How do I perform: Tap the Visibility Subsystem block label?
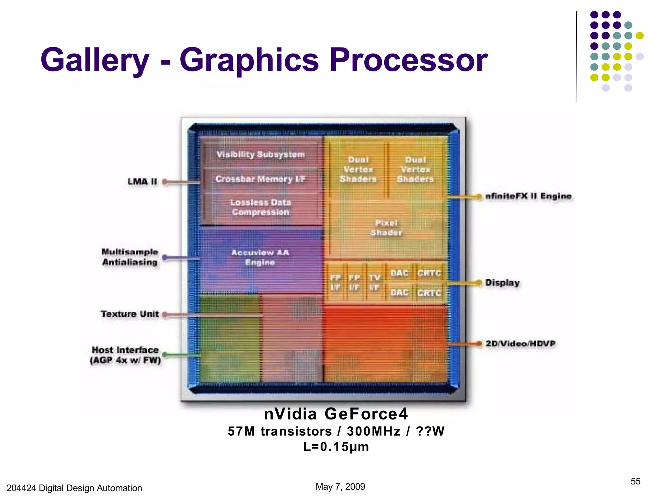(261, 155)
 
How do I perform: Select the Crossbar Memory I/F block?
(261, 179)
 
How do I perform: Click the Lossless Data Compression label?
(261, 207)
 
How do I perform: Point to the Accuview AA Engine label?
(260, 257)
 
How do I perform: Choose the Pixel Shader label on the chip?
(386, 228)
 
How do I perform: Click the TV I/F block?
(375, 283)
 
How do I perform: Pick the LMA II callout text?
(142, 181)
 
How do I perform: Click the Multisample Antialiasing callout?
(130, 257)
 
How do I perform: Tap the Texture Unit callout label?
(130, 314)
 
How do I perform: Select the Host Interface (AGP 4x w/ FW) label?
(125, 355)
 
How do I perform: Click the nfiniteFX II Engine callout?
(529, 196)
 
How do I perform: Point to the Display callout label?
(502, 283)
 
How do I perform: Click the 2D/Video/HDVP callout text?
(520, 344)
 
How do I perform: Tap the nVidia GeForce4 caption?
(336, 414)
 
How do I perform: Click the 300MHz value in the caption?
(374, 431)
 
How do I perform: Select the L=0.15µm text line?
(336, 447)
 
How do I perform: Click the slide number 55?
(635, 481)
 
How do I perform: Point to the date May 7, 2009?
(340, 487)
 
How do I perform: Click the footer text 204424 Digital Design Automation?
(74, 488)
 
